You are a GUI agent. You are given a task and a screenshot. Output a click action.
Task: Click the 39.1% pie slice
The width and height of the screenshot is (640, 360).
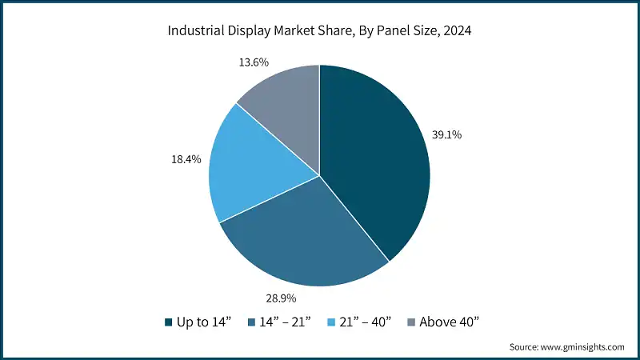pyautogui.click(x=372, y=160)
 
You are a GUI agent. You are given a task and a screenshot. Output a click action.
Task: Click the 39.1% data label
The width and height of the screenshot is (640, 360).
pyautogui.click(x=446, y=134)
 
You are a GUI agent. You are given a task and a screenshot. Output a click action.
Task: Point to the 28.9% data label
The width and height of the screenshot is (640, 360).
pyautogui.click(x=281, y=298)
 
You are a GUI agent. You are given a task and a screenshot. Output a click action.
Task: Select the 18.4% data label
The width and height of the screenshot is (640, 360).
pyautogui.click(x=187, y=160)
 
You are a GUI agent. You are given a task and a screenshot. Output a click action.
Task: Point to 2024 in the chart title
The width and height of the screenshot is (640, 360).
pyautogui.click(x=457, y=32)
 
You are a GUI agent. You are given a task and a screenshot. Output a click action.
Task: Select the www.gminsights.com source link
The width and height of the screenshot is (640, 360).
pyautogui.click(x=581, y=346)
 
